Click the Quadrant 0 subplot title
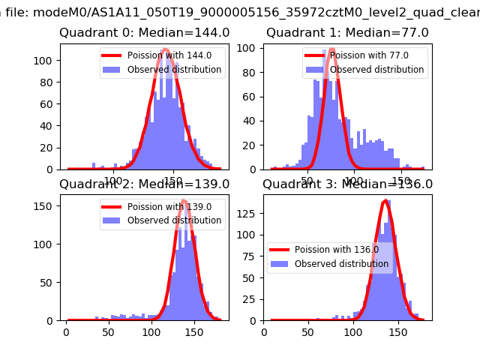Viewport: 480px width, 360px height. tap(145, 33)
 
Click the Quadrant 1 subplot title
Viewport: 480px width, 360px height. tap(347, 33)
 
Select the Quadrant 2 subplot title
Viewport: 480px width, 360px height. tap(145, 184)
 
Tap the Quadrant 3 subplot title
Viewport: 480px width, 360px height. tap(347, 184)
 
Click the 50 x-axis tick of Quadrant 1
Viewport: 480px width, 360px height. tap(307, 180)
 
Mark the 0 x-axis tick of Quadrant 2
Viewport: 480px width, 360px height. tap(66, 331)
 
